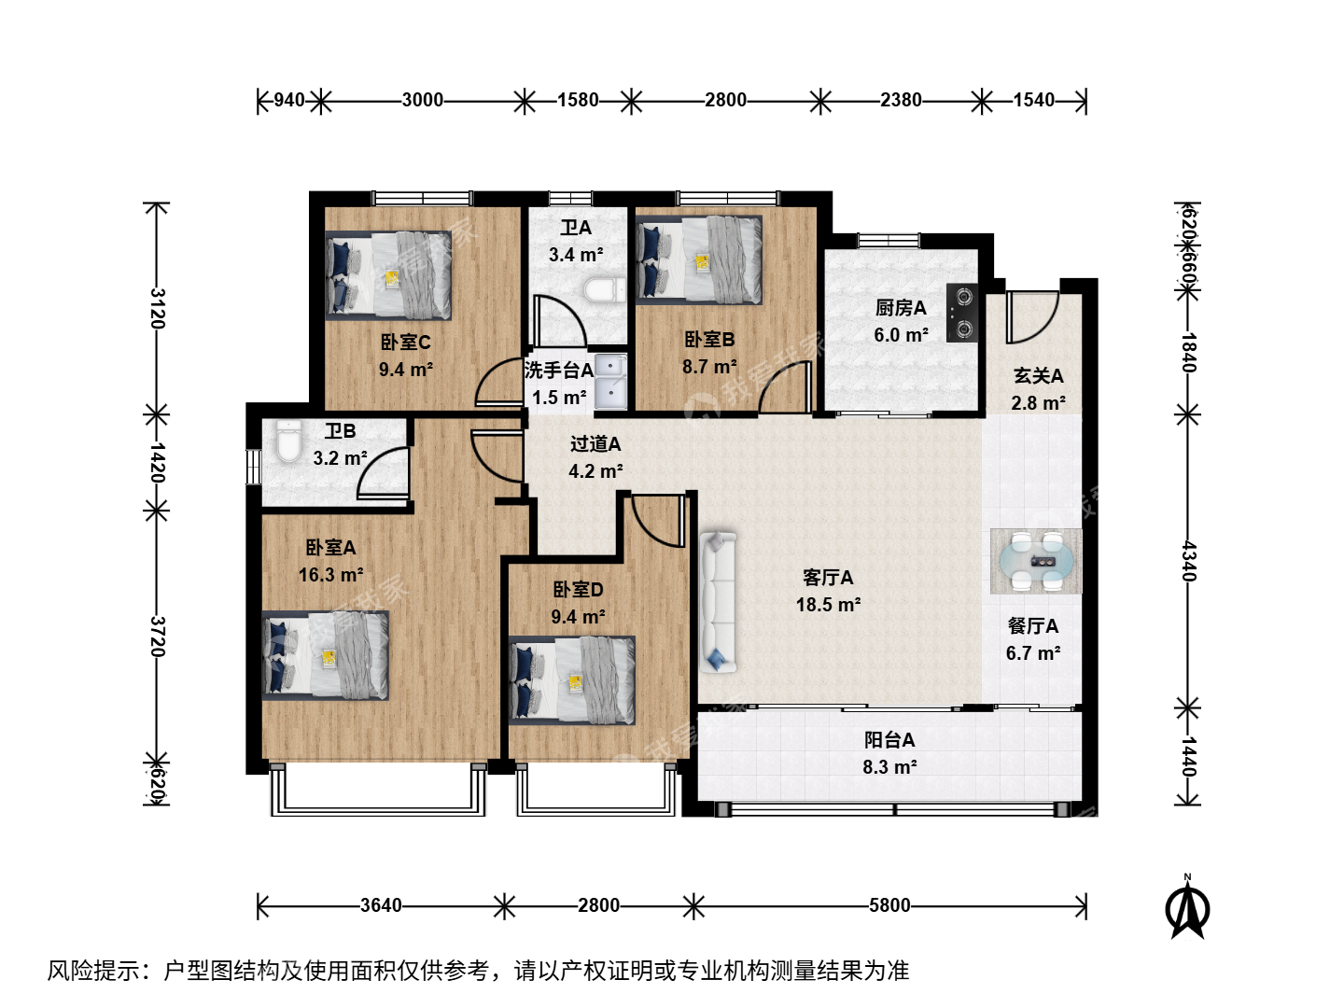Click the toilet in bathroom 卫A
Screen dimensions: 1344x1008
point(605,290)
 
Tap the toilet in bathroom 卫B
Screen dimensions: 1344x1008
point(289,441)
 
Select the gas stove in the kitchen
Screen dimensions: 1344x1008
point(961,312)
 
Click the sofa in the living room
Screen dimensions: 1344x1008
point(718,602)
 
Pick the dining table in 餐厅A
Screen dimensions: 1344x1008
point(1036,561)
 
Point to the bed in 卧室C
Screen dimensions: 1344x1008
point(388,275)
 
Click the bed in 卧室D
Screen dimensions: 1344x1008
point(572,680)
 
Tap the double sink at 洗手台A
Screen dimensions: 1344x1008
point(610,381)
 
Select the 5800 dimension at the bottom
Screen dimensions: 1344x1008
point(889,905)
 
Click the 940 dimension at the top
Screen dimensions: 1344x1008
point(289,100)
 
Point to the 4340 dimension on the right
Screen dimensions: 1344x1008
point(1188,561)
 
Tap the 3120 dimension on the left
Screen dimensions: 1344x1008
point(158,308)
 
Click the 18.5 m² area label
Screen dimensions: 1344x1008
point(828,605)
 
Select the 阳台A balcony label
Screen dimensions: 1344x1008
point(889,740)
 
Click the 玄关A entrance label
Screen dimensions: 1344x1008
point(1039,375)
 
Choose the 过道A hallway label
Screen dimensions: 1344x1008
point(595,443)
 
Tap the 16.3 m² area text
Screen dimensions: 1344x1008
point(330,575)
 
